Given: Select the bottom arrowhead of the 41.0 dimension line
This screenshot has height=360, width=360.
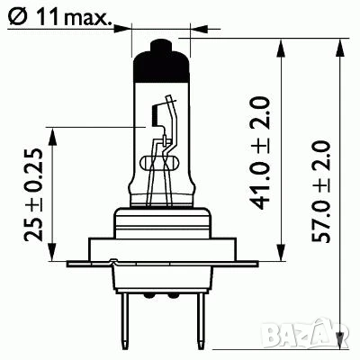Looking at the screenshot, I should coord(283,255).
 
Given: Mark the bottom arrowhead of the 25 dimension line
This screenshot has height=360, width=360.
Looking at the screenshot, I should coord(53,255).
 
